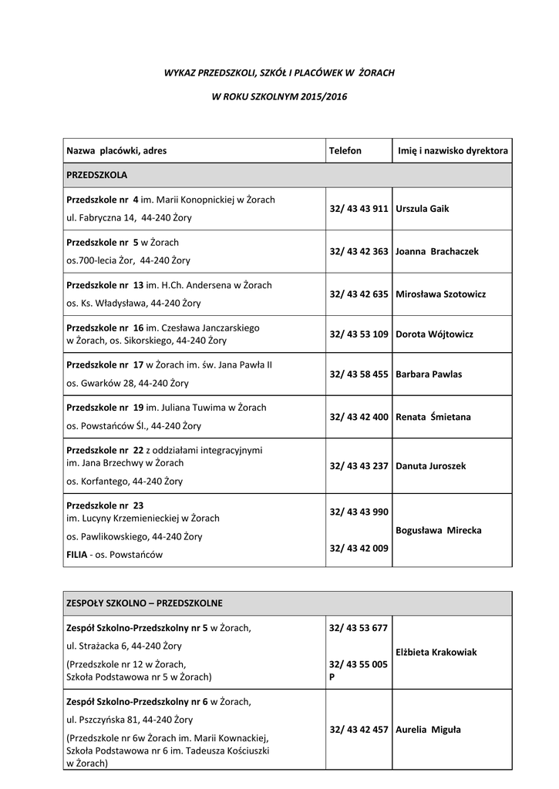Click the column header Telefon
tap(345, 151)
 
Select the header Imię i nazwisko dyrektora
tap(453, 151)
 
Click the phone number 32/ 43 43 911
tap(359, 209)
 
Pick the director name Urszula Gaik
tap(422, 209)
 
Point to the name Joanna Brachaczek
tap(437, 251)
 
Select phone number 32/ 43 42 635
tap(359, 294)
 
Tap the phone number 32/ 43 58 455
tap(359, 374)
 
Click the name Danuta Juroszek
tap(431, 466)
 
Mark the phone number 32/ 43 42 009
tap(359, 549)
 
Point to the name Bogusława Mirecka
tap(439, 531)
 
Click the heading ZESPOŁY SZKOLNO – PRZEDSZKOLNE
tap(145, 603)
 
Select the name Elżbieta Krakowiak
tap(436, 652)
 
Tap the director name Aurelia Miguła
tap(428, 730)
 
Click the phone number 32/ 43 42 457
tap(359, 730)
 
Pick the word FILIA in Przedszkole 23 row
tap(77, 554)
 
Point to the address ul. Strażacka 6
tap(103, 646)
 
